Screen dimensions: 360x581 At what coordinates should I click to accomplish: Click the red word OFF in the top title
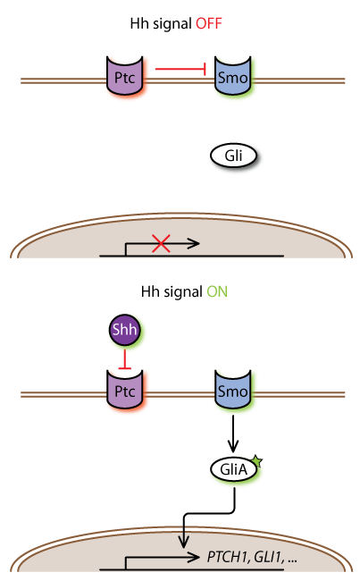209,24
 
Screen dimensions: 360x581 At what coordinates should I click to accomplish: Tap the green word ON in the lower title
217,292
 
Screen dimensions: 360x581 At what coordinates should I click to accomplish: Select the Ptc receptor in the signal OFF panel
125,75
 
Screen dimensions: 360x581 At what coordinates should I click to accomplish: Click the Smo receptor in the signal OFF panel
233,75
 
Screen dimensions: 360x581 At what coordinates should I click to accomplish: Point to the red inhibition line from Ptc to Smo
180,69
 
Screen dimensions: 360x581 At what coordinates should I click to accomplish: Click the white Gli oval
233,156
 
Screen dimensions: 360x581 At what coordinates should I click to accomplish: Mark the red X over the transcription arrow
161,243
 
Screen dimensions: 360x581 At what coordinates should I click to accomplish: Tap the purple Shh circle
125,330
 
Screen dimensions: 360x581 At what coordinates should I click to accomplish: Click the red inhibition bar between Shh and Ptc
125,359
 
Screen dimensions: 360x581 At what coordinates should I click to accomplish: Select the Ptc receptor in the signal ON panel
125,389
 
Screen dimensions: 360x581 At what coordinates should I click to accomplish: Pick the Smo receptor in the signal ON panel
233,389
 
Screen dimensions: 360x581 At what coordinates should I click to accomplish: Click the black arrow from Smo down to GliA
233,434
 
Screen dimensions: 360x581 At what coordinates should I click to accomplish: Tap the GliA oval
233,469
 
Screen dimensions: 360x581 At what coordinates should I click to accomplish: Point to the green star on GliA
257,462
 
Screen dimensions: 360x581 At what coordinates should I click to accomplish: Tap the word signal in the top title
172,24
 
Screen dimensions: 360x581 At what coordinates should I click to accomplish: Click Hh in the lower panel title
150,292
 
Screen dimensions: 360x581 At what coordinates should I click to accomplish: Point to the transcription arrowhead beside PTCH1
193,557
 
